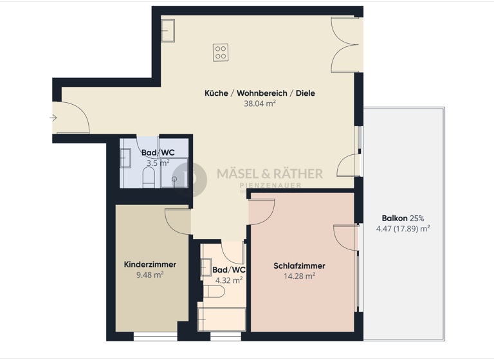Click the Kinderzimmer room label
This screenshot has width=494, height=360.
click(150, 264)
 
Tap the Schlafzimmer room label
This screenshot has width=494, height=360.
click(299, 265)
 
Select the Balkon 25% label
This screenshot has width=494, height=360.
click(403, 218)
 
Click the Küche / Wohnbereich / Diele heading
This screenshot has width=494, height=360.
click(260, 93)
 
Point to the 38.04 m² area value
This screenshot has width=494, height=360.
click(260, 104)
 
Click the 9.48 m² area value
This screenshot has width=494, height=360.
click(150, 274)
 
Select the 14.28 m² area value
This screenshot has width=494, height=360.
click(299, 276)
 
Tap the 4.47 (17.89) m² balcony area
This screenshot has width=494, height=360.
click(403, 228)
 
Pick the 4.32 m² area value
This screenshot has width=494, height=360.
click(228, 280)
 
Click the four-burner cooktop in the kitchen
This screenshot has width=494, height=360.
click(221, 51)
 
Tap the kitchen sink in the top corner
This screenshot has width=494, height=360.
click(168, 30)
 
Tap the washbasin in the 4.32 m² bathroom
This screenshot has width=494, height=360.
click(206, 267)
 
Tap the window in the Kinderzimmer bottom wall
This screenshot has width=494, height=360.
click(155, 336)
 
